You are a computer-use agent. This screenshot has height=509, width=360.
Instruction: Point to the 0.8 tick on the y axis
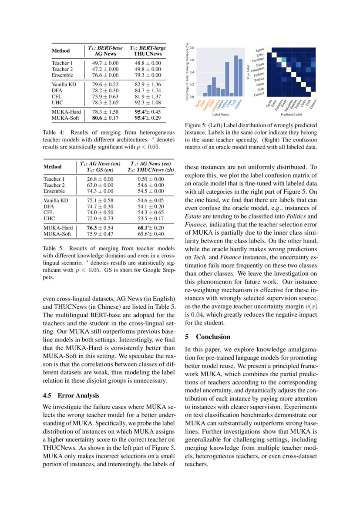(192, 47)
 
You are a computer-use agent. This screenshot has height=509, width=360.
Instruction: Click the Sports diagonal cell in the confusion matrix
(269, 50)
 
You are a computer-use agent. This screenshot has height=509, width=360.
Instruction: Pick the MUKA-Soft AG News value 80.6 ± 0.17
(105, 118)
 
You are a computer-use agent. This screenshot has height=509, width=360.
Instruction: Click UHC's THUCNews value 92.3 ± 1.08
(148, 102)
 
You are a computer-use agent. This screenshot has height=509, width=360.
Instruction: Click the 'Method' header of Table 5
(52, 166)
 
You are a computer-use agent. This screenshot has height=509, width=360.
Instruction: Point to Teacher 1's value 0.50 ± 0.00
(151, 179)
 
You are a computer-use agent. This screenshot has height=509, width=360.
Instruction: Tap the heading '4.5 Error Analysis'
(71, 395)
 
